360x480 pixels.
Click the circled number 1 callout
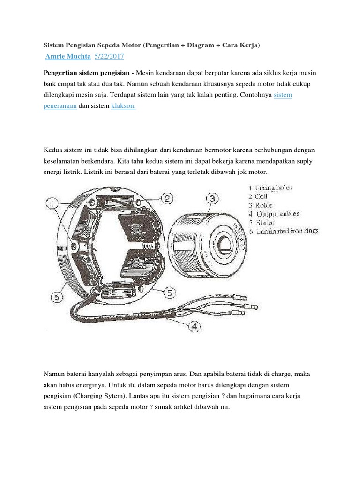click(x=53, y=204)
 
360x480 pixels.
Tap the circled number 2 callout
click(x=168, y=198)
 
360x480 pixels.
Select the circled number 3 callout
click(x=212, y=198)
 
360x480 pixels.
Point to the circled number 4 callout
click(x=194, y=326)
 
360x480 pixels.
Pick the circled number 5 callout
click(x=168, y=292)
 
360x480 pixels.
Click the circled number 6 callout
click(x=57, y=296)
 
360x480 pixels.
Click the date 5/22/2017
click(x=109, y=57)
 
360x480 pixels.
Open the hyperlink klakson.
click(x=123, y=106)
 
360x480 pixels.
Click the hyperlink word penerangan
click(x=60, y=106)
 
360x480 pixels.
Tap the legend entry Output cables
click(x=277, y=214)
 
